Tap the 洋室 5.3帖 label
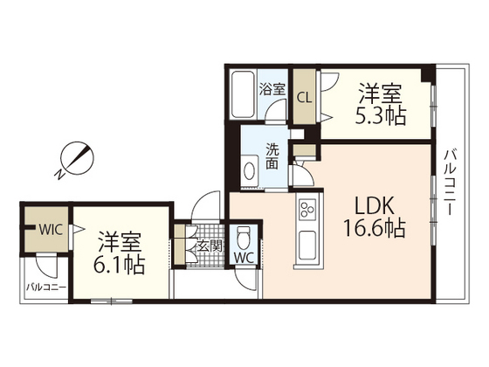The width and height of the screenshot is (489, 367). (x=381, y=104)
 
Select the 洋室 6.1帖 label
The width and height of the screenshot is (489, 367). (x=119, y=253)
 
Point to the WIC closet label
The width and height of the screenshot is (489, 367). (x=51, y=230)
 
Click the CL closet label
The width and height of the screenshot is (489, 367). (x=304, y=98)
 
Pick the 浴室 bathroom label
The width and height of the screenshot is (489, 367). (x=272, y=89)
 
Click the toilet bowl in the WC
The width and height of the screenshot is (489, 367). (x=244, y=238)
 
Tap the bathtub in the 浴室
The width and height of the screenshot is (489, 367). (x=244, y=95)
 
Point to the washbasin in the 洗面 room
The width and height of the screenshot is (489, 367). (x=250, y=171)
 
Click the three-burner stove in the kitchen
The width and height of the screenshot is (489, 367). (x=307, y=210)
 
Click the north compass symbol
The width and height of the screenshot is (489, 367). (x=78, y=158)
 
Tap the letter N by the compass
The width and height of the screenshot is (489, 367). (x=59, y=175)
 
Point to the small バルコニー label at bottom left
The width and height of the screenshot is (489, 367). (x=46, y=287)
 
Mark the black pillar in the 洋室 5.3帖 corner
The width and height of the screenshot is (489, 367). (x=428, y=73)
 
